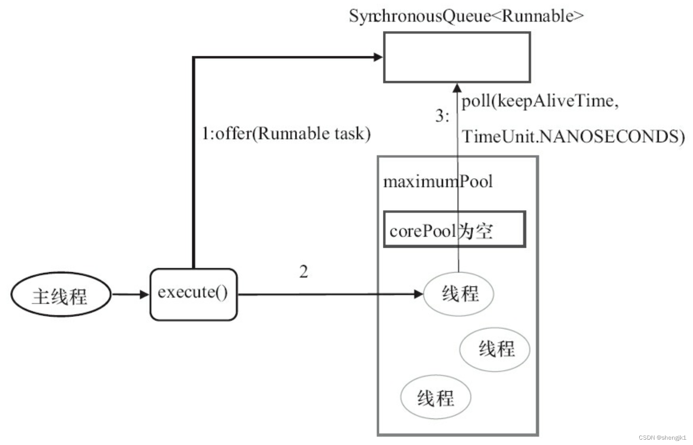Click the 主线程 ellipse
60,295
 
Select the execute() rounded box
193,294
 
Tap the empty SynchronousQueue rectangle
457,57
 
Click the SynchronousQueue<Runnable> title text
466,16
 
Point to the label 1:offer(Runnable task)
286,133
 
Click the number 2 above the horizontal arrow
303,271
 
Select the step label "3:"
442,116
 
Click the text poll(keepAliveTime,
539,101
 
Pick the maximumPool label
437,181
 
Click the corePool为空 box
454,230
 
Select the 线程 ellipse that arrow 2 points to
459,294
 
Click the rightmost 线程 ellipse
495,349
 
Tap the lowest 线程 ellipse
435,397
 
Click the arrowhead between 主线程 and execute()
144,294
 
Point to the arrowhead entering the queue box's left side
378,57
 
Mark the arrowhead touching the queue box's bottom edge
457,88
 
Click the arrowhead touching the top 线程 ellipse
418,294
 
